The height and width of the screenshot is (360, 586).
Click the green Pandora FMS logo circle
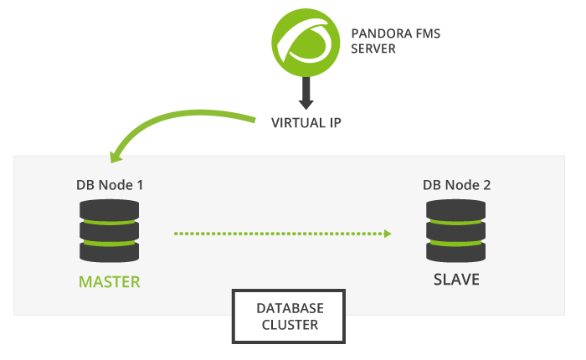pyautogui.click(x=306, y=43)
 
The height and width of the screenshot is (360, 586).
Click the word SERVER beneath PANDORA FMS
pyautogui.click(x=373, y=49)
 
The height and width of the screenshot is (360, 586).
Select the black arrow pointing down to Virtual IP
pyautogui.click(x=306, y=93)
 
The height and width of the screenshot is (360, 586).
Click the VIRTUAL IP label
pyautogui.click(x=306, y=123)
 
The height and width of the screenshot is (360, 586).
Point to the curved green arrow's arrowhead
pyautogui.click(x=116, y=157)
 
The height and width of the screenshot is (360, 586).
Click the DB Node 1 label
pyautogui.click(x=110, y=185)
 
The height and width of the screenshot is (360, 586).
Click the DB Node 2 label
pyautogui.click(x=456, y=185)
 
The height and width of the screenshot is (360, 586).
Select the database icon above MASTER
pyautogui.click(x=109, y=231)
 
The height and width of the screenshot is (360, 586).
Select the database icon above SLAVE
pyautogui.click(x=456, y=231)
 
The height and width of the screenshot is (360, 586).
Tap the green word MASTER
pyautogui.click(x=110, y=282)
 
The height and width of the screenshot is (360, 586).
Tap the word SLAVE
pyautogui.click(x=456, y=280)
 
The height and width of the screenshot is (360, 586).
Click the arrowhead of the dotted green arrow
pyautogui.click(x=388, y=234)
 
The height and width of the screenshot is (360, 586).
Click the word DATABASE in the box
pyautogui.click(x=290, y=308)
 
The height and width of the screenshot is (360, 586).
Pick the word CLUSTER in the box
pyautogui.click(x=290, y=325)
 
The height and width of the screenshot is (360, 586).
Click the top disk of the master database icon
pyautogui.click(x=109, y=209)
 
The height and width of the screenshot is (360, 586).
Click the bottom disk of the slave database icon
pyautogui.click(x=456, y=252)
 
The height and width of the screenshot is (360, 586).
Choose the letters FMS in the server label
pyautogui.click(x=429, y=33)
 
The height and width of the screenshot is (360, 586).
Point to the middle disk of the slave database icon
pyautogui.click(x=456, y=231)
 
